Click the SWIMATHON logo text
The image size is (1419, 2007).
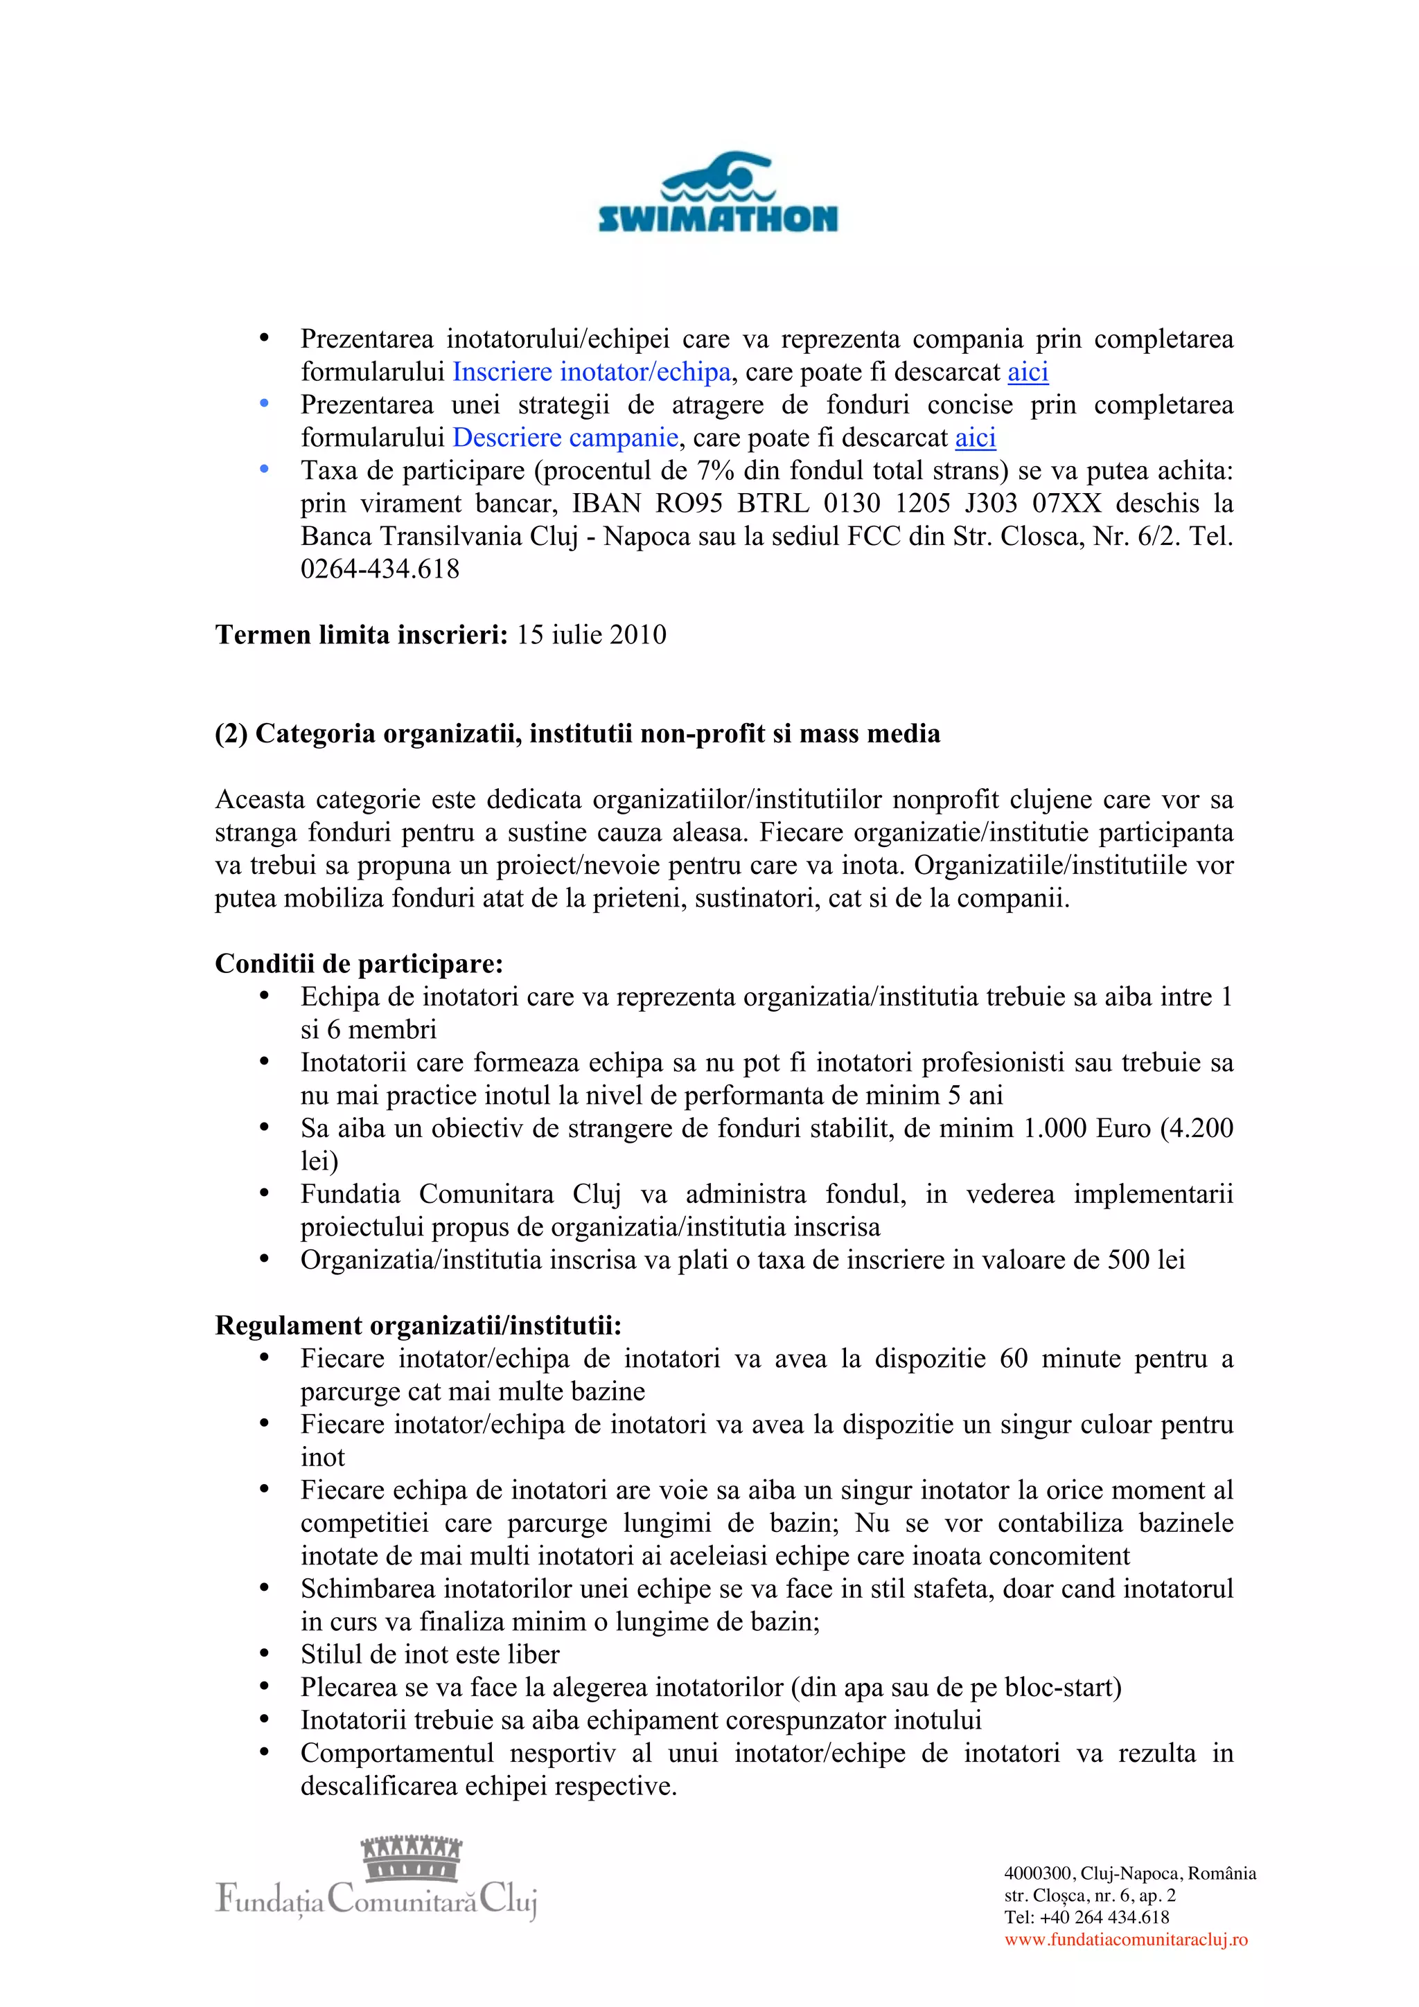coord(717,219)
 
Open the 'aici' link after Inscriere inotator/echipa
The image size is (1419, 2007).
coord(1028,373)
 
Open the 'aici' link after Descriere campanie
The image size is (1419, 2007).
coord(975,438)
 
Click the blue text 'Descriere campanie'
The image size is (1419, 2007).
coord(565,438)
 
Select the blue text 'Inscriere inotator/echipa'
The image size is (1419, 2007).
coord(591,373)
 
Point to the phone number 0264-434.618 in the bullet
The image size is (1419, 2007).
coord(380,569)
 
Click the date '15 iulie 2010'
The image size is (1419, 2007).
coord(591,634)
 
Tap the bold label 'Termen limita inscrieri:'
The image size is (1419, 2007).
coord(361,634)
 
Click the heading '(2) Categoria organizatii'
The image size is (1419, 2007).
coord(577,733)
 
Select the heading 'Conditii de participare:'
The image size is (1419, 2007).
coord(358,964)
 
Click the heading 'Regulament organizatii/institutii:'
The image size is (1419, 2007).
coord(418,1326)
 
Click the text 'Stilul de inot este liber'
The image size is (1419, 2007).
coord(430,1654)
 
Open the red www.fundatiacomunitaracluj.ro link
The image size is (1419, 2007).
coord(1125,1940)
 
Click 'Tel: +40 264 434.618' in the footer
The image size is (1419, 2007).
coord(1086,1917)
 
